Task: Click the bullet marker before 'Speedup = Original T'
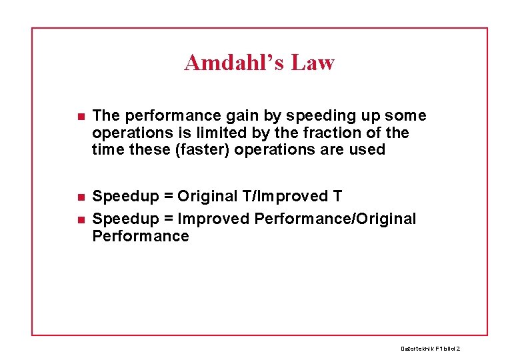tap(80, 197)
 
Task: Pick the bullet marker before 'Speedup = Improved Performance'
tap(80, 219)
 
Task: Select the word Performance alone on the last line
tap(141, 237)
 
